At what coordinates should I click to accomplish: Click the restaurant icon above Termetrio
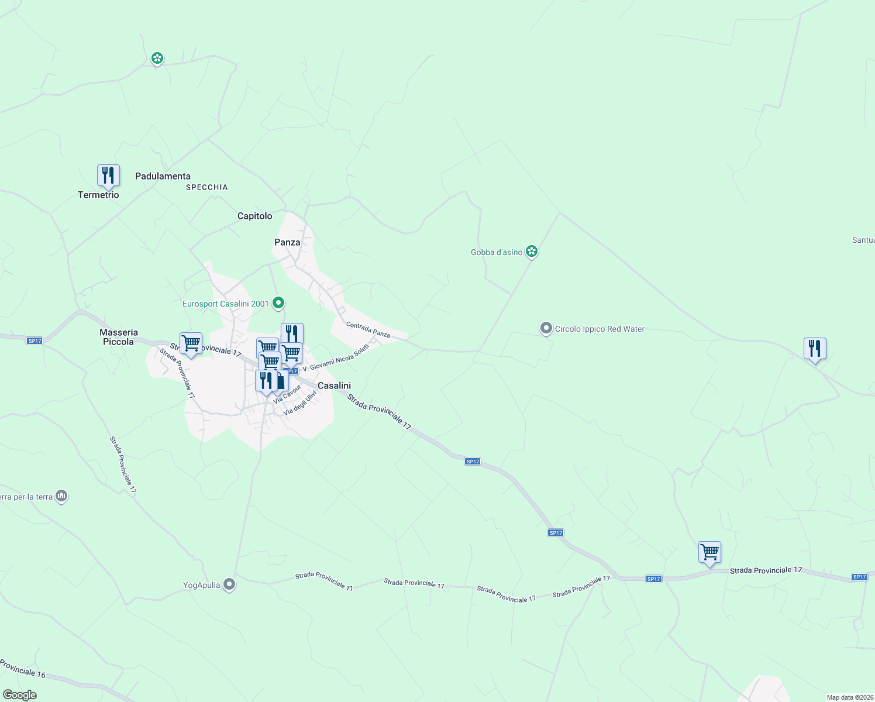(x=108, y=175)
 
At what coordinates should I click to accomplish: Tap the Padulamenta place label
(x=163, y=176)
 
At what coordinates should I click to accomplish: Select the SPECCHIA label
(x=206, y=187)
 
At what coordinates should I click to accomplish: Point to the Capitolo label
(x=254, y=216)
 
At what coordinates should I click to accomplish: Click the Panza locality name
(x=287, y=242)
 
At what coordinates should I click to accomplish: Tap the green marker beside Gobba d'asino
(x=532, y=252)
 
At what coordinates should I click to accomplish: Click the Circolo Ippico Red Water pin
(x=546, y=329)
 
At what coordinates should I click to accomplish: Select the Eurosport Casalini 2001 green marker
(x=278, y=303)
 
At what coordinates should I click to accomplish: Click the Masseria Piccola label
(x=118, y=337)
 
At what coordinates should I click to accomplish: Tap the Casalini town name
(x=334, y=386)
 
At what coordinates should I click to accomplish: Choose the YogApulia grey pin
(x=229, y=584)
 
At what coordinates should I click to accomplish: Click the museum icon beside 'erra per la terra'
(x=61, y=497)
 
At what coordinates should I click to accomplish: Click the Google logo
(x=20, y=695)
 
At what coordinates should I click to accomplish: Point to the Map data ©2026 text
(x=849, y=697)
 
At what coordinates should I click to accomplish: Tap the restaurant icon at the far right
(x=815, y=349)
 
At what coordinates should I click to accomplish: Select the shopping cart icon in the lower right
(x=709, y=552)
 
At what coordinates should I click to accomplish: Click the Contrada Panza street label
(x=368, y=329)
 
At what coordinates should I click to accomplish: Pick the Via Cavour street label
(x=287, y=394)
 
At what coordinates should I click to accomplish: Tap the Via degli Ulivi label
(x=300, y=403)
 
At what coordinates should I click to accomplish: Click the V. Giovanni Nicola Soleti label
(x=336, y=358)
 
